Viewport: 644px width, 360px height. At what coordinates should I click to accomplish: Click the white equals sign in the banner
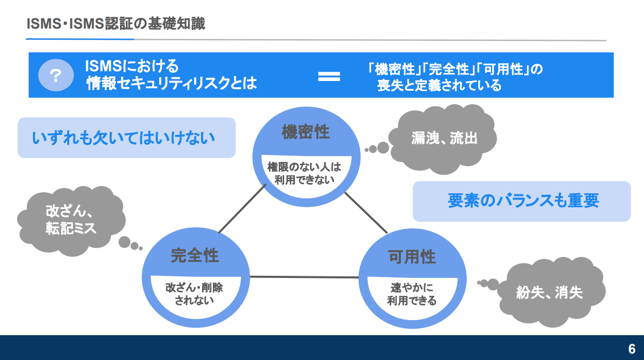(x=329, y=76)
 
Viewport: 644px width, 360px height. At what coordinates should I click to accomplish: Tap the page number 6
(x=632, y=349)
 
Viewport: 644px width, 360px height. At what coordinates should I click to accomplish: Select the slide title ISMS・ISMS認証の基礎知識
(x=116, y=24)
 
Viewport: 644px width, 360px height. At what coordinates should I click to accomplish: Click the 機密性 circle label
(x=306, y=132)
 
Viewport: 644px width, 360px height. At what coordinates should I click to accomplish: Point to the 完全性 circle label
(x=195, y=255)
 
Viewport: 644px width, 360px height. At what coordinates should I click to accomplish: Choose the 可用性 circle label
(x=412, y=256)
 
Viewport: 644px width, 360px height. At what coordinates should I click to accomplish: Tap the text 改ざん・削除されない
(x=194, y=293)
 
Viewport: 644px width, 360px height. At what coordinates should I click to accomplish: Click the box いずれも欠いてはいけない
(x=126, y=138)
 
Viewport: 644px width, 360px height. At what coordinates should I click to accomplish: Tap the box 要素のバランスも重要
(x=522, y=201)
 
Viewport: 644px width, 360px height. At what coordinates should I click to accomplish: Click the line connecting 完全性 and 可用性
(x=304, y=277)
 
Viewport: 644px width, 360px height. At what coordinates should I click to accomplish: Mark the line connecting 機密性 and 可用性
(x=366, y=213)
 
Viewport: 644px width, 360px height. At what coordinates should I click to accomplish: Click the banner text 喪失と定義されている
(x=439, y=85)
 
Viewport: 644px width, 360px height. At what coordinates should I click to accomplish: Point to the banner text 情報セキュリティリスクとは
(x=171, y=84)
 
